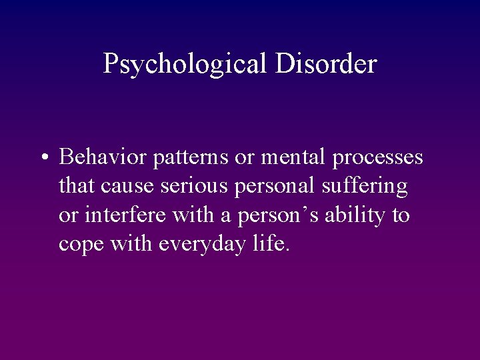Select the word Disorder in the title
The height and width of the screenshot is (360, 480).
tap(326, 63)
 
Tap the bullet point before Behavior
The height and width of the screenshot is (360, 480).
tap(43, 158)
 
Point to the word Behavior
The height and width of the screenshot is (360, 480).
tap(103, 157)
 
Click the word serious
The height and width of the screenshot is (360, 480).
tap(194, 187)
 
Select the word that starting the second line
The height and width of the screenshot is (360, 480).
tap(77, 187)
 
